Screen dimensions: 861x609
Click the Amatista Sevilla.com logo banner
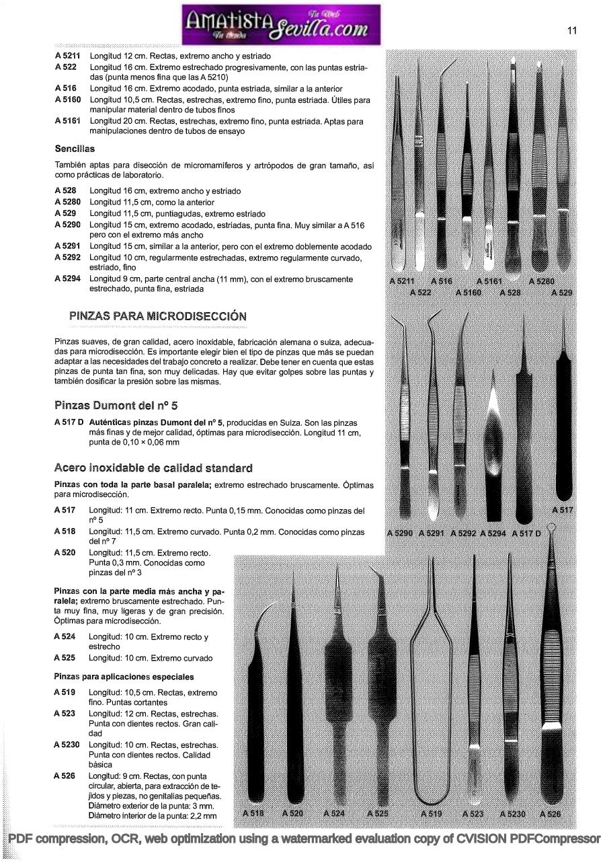[280, 24]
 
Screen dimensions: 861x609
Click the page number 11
[572, 30]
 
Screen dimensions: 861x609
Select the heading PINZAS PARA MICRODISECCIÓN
[157, 315]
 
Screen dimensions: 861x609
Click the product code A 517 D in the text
[69, 422]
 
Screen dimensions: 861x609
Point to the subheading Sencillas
[75, 149]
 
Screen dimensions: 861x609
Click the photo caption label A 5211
[404, 281]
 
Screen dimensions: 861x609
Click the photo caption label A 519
[431, 813]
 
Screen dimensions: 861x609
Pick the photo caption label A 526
[549, 813]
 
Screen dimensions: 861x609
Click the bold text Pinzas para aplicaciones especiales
[124, 677]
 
